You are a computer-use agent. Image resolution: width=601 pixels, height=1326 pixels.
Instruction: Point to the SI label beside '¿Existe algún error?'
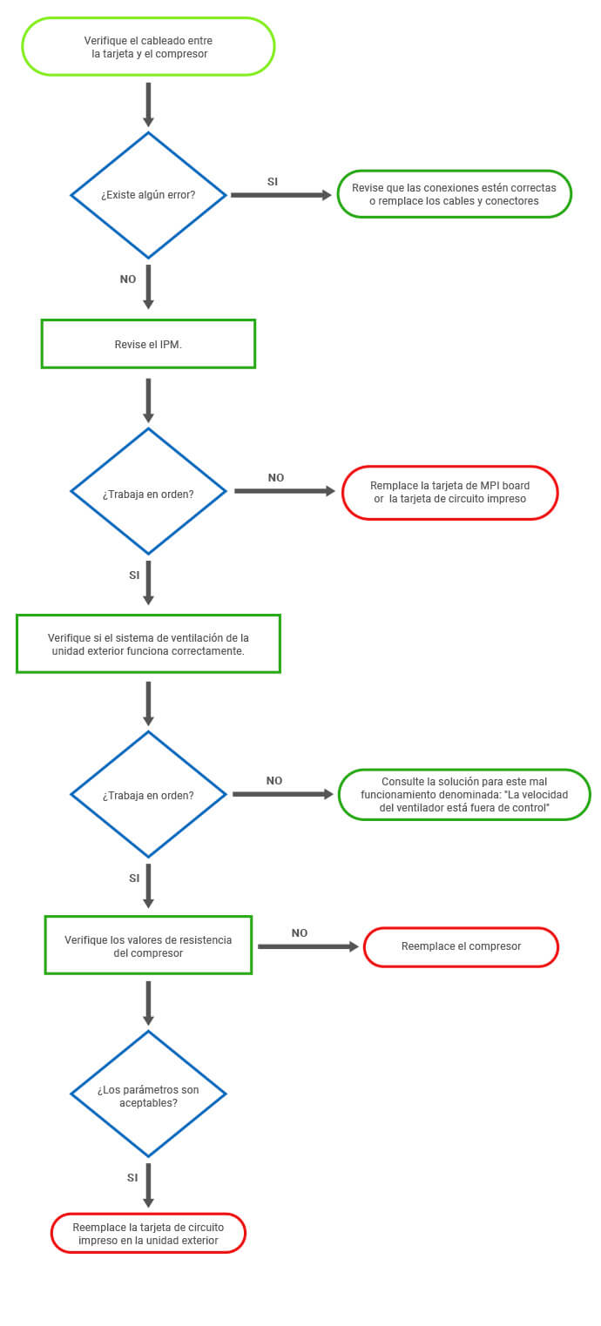point(273,182)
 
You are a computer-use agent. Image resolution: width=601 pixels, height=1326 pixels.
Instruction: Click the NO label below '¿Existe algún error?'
point(128,279)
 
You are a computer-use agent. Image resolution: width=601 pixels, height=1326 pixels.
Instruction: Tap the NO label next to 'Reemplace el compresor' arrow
point(300,933)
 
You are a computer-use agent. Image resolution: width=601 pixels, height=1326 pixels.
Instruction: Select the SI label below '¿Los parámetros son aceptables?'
point(132,1178)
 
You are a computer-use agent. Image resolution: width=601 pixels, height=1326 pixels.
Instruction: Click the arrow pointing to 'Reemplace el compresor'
point(308,946)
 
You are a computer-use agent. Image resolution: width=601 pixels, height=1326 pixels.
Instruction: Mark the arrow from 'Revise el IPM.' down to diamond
point(148,400)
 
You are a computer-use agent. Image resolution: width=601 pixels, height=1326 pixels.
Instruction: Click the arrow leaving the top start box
point(148,104)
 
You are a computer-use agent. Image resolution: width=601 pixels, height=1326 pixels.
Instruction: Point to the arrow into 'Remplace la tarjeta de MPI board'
point(285,491)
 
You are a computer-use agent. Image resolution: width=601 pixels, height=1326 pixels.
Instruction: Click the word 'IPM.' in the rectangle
point(171,345)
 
